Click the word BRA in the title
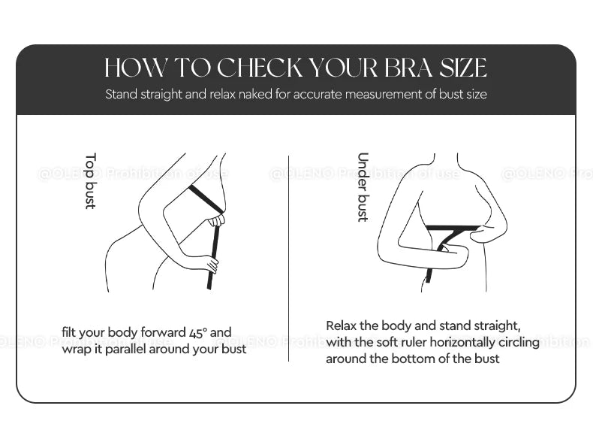[414, 68]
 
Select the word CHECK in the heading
[261, 68]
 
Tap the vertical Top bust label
[90, 180]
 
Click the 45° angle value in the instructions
[196, 332]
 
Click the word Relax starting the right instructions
[342, 325]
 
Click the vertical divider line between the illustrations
[289, 256]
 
